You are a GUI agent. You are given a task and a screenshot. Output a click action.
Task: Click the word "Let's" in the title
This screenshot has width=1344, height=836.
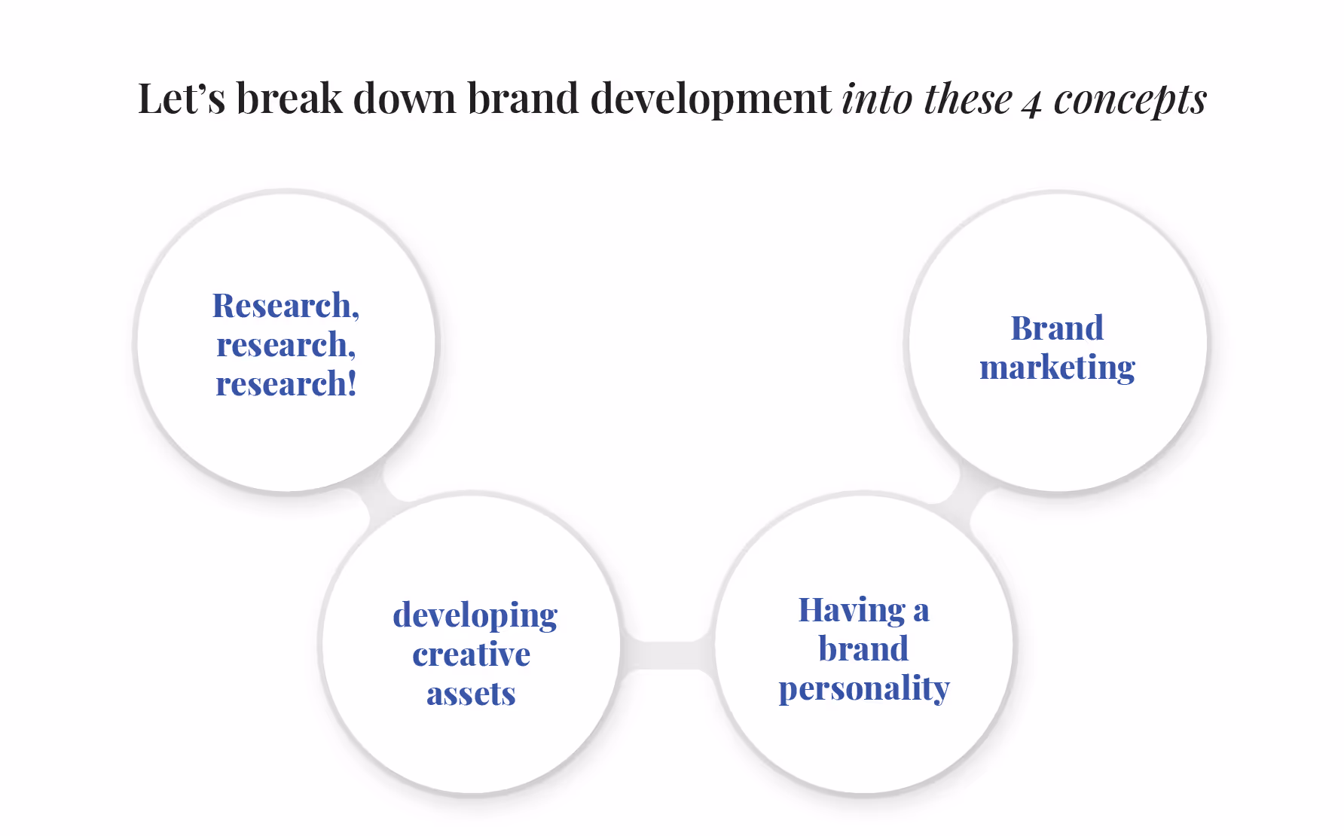point(181,99)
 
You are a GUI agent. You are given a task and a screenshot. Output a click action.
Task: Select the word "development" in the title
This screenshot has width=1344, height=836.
point(710,99)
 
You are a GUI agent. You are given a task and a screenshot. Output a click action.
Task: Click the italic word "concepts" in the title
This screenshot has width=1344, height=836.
point(1130,99)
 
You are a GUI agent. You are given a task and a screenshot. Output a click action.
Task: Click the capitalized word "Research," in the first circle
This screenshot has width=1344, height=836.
point(286,306)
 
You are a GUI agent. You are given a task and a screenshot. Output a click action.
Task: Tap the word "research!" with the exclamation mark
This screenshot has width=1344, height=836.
point(286,384)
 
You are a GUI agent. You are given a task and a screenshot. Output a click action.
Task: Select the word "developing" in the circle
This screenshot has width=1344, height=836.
point(475,615)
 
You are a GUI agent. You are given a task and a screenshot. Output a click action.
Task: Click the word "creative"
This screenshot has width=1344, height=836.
point(472,654)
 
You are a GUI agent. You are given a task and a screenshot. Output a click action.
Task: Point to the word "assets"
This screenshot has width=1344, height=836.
point(472,694)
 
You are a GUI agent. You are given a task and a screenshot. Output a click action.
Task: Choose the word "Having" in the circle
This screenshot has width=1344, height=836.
point(851,610)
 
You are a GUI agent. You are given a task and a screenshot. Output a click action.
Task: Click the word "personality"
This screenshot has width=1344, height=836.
point(864,688)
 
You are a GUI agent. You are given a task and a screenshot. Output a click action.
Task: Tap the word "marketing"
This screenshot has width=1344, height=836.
point(1057,368)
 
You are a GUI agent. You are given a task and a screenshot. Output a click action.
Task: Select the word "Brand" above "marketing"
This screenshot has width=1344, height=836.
point(1057,328)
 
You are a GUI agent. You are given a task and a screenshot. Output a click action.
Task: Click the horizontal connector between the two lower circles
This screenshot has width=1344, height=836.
point(667,654)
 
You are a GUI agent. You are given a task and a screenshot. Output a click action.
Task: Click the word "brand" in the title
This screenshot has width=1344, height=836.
point(523,99)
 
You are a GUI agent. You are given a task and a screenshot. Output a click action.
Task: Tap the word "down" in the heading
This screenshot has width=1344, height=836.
point(405,99)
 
